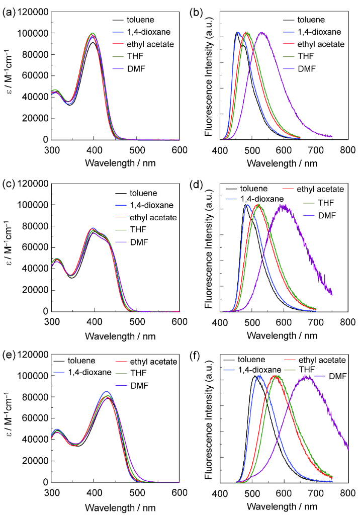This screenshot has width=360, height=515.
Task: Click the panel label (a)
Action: point(9,14)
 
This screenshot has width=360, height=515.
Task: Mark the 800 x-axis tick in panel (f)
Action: point(347,493)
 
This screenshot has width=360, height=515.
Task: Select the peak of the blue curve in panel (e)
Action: point(106,391)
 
